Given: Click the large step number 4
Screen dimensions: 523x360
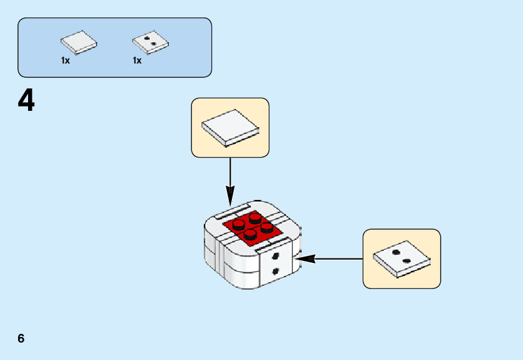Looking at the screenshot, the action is [x=26, y=100].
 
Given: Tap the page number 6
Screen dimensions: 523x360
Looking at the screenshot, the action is [x=21, y=338].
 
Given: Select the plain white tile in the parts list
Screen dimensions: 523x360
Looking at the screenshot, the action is [x=79, y=42].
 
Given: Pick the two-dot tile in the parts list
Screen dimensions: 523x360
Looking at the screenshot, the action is [x=150, y=42].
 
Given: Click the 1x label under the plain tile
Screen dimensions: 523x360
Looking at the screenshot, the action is [x=65, y=60].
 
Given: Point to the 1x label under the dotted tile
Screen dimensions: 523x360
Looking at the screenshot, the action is [x=137, y=60].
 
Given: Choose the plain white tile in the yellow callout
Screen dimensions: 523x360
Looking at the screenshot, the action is [x=231, y=128].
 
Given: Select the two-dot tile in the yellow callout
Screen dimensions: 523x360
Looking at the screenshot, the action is [x=401, y=259].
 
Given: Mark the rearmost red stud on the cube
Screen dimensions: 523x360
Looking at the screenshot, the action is [x=255, y=219].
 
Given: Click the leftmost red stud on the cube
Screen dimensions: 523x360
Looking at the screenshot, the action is [x=239, y=225].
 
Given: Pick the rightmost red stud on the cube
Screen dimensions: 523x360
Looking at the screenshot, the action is [x=267, y=228].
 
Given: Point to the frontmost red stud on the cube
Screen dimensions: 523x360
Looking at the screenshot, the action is [x=251, y=235].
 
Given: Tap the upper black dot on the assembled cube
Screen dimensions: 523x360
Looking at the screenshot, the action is [x=276, y=256].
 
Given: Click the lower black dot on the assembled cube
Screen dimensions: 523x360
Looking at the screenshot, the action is [x=276, y=272].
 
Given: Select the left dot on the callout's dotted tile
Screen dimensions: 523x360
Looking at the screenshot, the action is [x=396, y=252].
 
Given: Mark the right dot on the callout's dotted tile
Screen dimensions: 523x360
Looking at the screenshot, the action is [x=406, y=261].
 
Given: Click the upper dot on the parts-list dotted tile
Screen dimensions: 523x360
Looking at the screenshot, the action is [x=146, y=38].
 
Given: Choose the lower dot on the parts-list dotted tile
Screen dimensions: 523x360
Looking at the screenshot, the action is [x=153, y=44].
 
